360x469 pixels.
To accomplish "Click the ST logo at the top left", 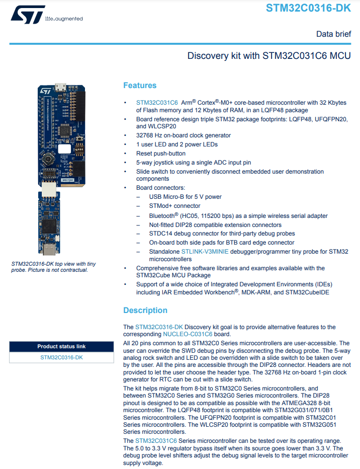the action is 28,15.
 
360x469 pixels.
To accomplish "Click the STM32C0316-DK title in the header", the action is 308,8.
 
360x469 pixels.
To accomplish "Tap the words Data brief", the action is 333,34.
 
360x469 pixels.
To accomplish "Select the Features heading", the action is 140,86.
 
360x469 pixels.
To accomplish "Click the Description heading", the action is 145,310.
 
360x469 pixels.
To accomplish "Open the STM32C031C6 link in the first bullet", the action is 157,103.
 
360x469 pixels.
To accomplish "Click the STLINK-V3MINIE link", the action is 205,252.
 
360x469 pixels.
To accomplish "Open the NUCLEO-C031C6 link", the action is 188,334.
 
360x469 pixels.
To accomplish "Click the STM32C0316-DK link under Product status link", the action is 61,357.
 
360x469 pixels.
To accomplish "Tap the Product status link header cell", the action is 61,346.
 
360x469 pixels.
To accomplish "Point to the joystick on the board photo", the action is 47,159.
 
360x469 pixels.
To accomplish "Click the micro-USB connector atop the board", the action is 61,88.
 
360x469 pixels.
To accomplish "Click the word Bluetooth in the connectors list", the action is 161,216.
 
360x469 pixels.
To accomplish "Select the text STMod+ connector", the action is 175,206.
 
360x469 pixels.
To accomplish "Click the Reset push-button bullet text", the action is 161,153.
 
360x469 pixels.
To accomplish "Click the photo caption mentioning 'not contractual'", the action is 54,267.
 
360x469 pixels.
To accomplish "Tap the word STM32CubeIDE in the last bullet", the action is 307,292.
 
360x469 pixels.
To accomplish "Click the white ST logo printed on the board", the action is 45,91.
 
